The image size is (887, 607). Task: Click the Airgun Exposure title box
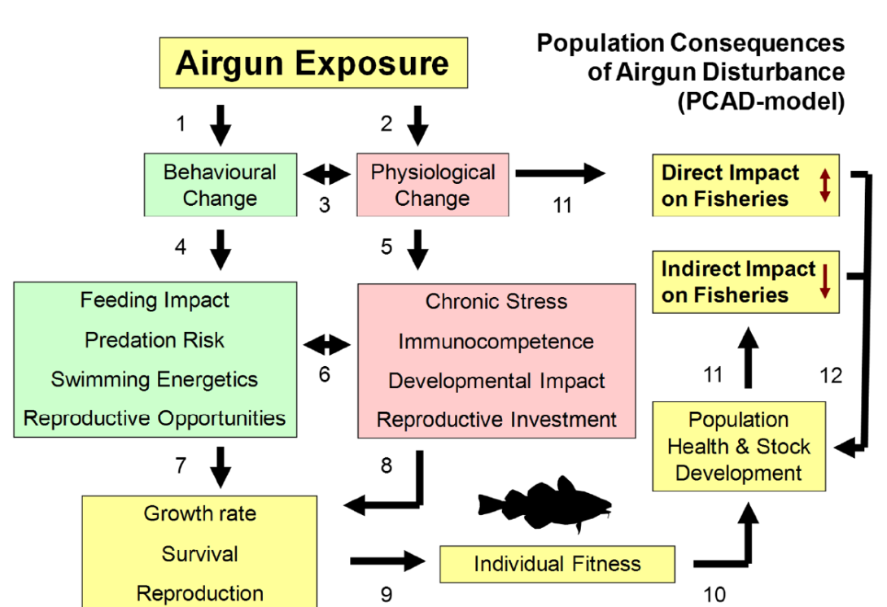[x=313, y=63]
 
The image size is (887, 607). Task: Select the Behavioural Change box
[x=220, y=185]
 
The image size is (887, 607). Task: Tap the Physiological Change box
[x=432, y=185]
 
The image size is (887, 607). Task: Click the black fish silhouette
[x=545, y=504]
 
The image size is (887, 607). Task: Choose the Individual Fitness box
[x=557, y=564]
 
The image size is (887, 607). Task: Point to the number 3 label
[x=325, y=206]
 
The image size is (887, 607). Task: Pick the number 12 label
[x=831, y=375]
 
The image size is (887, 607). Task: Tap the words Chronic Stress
[x=496, y=302]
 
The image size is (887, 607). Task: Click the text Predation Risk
[x=155, y=340]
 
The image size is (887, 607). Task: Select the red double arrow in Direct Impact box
[x=825, y=185]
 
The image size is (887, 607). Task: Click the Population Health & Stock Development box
[x=739, y=446]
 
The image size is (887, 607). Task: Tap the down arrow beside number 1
[x=221, y=124]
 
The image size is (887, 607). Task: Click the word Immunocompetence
[x=496, y=342]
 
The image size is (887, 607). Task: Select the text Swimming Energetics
[x=155, y=380]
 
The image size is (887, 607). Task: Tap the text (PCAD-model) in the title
[x=760, y=102]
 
